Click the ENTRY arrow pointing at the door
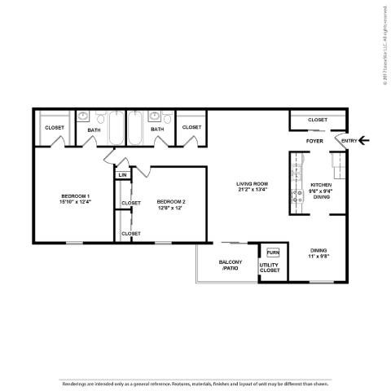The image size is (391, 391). (x=364, y=141)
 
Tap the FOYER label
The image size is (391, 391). (x=314, y=141)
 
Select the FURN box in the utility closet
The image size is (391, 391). (x=272, y=253)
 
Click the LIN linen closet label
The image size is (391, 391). (x=122, y=175)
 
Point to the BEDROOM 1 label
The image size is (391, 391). (x=75, y=196)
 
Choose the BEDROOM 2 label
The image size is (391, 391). (x=171, y=201)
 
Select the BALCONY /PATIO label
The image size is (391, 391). (x=229, y=266)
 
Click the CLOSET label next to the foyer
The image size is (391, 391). (x=317, y=121)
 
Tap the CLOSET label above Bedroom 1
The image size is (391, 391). (x=54, y=128)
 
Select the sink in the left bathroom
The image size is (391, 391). (x=83, y=118)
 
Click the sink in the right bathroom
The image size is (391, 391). (x=153, y=118)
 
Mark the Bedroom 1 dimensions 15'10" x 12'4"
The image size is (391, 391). (x=75, y=202)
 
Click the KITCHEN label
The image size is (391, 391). (x=321, y=185)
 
